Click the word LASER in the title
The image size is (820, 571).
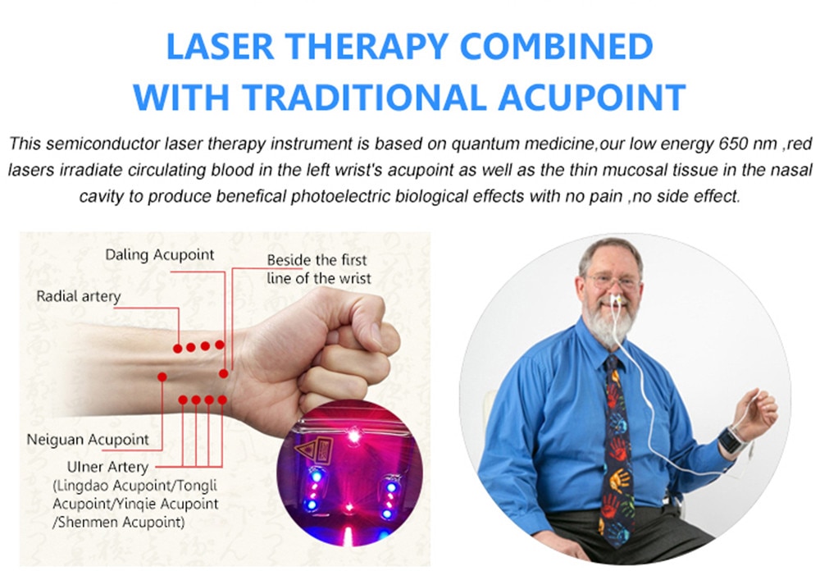(x=220, y=46)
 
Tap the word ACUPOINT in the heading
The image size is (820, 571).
(x=592, y=97)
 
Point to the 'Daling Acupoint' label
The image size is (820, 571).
(x=160, y=255)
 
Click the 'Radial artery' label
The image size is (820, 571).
(x=79, y=297)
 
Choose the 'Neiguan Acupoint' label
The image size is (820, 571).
(x=88, y=440)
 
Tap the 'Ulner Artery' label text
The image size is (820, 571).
(x=107, y=466)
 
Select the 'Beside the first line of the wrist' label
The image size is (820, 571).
(x=318, y=269)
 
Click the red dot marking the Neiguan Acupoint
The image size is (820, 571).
(x=162, y=377)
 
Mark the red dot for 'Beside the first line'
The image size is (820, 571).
(x=223, y=373)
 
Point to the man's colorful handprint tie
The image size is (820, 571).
(x=617, y=445)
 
